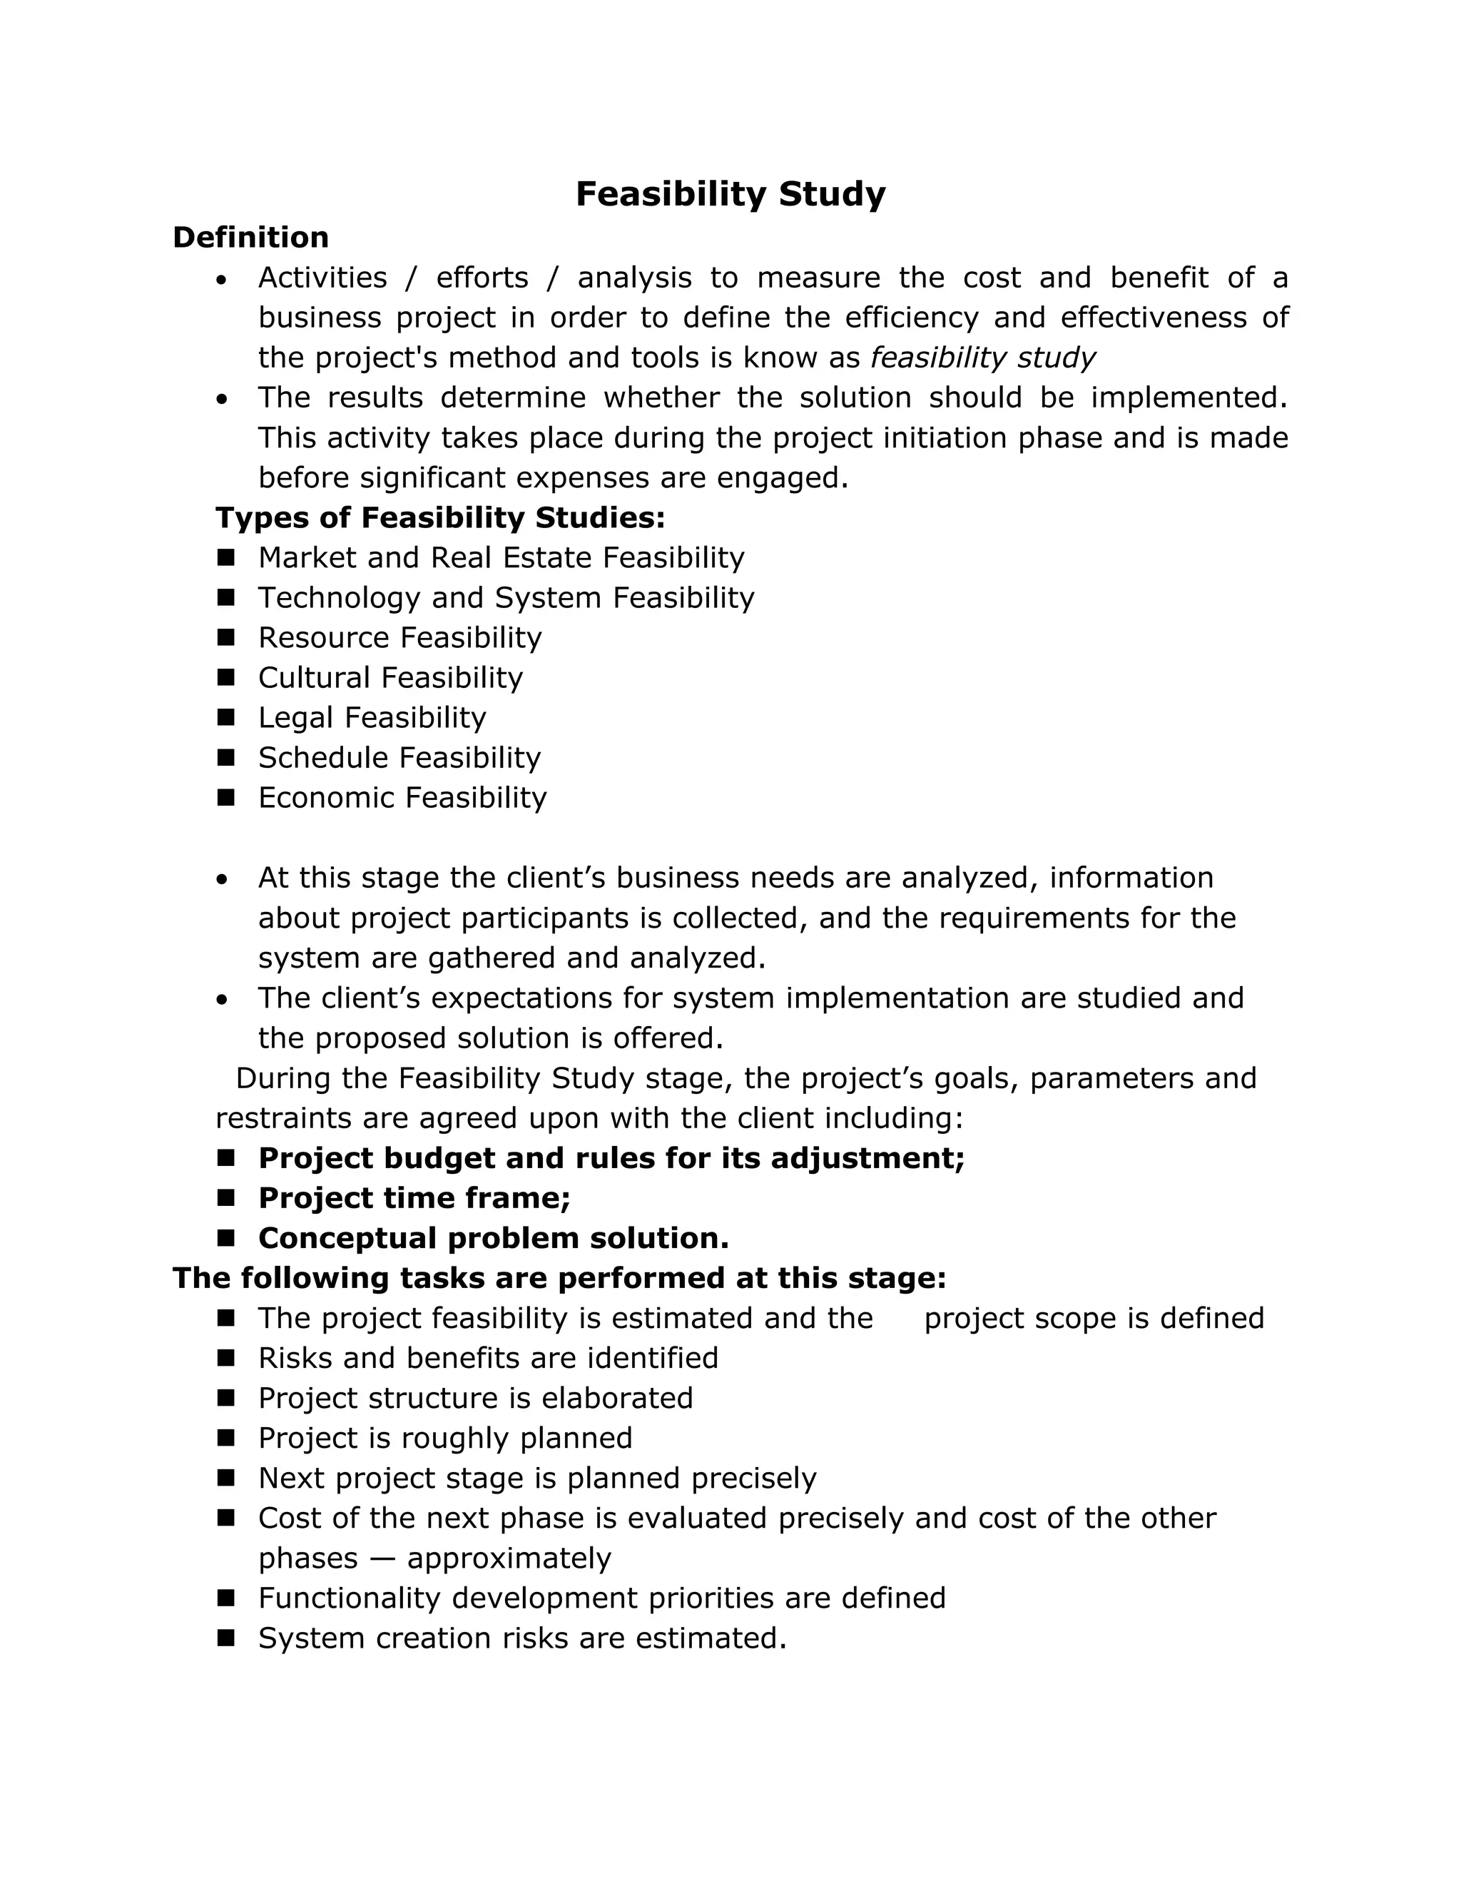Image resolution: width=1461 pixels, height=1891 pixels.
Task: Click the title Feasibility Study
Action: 730,194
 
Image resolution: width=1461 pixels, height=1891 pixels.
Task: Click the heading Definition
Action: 250,237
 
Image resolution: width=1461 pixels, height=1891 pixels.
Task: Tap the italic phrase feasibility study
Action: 982,358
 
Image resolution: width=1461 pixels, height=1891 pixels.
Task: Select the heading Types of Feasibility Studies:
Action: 439,518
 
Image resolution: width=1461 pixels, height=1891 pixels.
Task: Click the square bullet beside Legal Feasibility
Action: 226,717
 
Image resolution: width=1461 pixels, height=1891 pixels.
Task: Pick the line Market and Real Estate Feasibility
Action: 500,557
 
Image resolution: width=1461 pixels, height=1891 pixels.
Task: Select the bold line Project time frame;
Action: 414,1198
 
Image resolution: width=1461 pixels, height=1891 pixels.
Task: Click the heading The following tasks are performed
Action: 559,1278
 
